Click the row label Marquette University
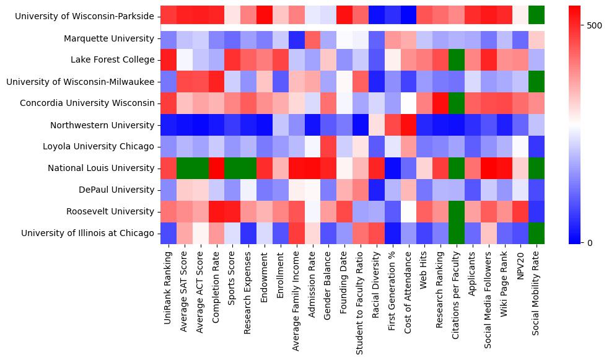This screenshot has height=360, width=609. click(x=109, y=39)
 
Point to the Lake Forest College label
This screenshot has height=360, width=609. click(x=115, y=60)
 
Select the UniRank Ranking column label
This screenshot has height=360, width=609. click(x=167, y=285)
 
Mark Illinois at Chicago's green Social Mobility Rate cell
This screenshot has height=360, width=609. click(x=538, y=233)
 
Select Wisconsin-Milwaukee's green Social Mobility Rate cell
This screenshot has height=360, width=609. click(x=538, y=82)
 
